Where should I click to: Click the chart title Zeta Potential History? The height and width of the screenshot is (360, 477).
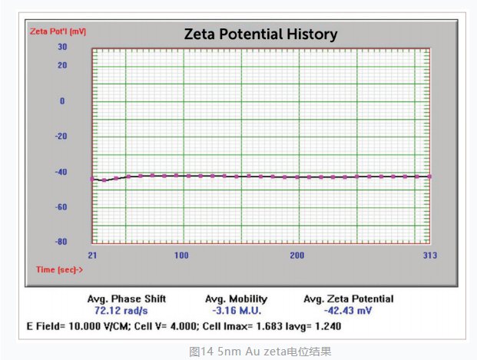[x=260, y=35]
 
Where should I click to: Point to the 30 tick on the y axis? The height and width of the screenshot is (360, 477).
[x=61, y=47]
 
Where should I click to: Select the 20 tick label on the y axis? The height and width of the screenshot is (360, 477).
[x=61, y=65]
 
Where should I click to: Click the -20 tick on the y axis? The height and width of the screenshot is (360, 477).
[x=61, y=137]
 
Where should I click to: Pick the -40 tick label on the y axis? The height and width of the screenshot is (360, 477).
[x=61, y=172]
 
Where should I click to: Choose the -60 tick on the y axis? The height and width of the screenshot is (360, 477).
[x=61, y=207]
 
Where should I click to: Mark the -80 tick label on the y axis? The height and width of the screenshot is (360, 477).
[x=61, y=243]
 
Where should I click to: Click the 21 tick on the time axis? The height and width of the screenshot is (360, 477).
[x=92, y=255]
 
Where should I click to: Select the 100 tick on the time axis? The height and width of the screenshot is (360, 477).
[x=181, y=255]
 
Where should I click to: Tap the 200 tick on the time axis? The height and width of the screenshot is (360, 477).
[x=297, y=255]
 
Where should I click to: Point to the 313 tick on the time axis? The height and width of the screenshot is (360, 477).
[x=429, y=255]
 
